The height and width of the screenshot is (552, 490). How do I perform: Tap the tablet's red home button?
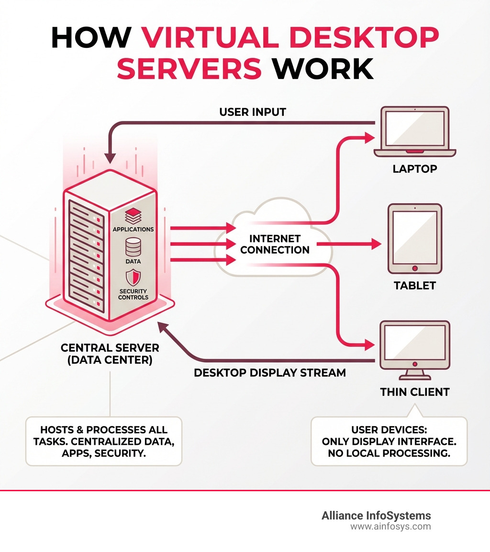click(415, 268)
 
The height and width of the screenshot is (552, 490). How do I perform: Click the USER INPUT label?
click(253, 112)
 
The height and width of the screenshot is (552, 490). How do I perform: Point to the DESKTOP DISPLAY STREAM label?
click(269, 372)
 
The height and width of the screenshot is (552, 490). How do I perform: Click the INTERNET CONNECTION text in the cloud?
click(275, 244)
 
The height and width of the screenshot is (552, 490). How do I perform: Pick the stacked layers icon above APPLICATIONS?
click(133, 214)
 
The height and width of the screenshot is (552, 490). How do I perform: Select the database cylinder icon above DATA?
click(133, 247)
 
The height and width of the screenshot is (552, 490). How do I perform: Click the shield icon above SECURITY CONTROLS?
click(133, 278)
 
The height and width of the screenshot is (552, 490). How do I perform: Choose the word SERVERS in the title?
click(189, 68)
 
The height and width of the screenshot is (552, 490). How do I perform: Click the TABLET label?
click(414, 286)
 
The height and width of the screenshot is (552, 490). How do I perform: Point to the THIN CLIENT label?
click(414, 392)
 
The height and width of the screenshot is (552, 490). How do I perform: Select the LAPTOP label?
click(414, 169)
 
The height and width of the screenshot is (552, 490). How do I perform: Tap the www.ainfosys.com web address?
click(390, 527)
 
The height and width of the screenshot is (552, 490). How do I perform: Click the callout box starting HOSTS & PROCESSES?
click(103, 441)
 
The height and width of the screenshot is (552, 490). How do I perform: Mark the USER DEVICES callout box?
click(389, 441)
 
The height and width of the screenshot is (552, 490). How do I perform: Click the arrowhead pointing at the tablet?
click(376, 244)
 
